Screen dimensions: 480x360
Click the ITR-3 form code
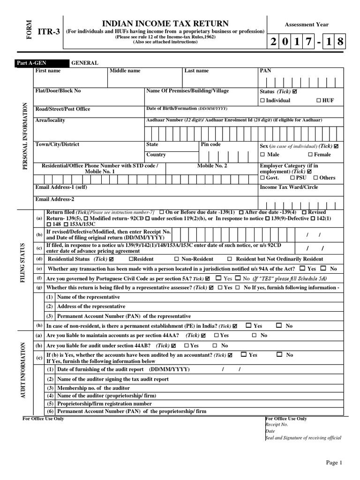pyautogui.click(x=48, y=32)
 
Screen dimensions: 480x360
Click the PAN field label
pyautogui.click(x=265, y=71)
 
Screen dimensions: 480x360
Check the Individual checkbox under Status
pyautogui.click(x=262, y=101)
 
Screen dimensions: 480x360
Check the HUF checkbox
pyautogui.click(x=319, y=101)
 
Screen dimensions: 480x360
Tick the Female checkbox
pyautogui.click(x=310, y=155)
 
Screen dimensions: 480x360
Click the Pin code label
pyautogui.click(x=210, y=144)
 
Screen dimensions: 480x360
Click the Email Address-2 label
pyautogui.click(x=55, y=199)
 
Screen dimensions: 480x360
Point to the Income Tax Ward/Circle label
pyautogui.click(x=288, y=187)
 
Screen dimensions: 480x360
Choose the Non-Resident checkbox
pyautogui.click(x=177, y=259)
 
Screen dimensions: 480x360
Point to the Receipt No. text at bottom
pyautogui.click(x=277, y=424)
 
